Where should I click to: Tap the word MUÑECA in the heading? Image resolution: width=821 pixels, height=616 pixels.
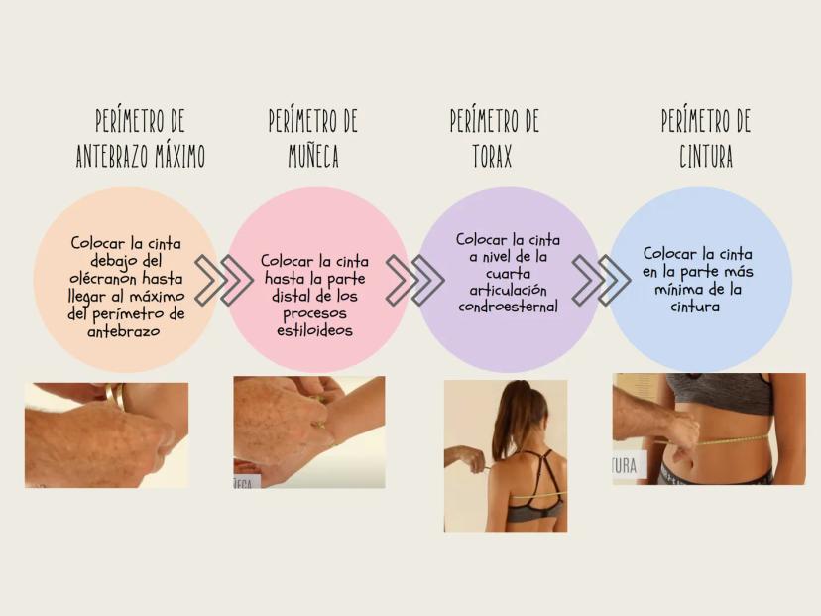click(313, 156)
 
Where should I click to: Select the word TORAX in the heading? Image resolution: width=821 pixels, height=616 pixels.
click(492, 155)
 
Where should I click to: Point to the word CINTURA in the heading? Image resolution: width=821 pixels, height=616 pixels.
click(706, 156)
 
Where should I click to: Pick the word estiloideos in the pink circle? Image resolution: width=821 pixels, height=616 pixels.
click(314, 330)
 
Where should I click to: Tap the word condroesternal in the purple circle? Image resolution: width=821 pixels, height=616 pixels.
click(508, 306)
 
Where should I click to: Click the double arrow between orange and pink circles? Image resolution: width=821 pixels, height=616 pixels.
click(224, 281)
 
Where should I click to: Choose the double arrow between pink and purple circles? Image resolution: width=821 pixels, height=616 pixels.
click(415, 281)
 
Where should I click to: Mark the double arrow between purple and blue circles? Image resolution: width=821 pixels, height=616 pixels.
click(601, 281)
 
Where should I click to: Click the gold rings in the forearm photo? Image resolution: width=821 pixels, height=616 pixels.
click(116, 396)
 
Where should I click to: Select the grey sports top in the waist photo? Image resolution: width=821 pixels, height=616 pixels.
click(719, 392)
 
